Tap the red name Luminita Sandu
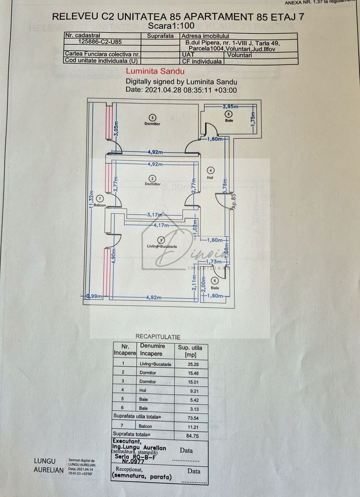click(x=155, y=71)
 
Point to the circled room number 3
click(x=153, y=117)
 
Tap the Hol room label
click(x=210, y=177)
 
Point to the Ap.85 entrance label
click(x=233, y=202)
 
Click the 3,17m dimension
click(x=155, y=214)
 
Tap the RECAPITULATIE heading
click(x=158, y=337)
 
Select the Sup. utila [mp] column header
click(x=189, y=351)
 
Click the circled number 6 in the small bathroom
click(x=214, y=281)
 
